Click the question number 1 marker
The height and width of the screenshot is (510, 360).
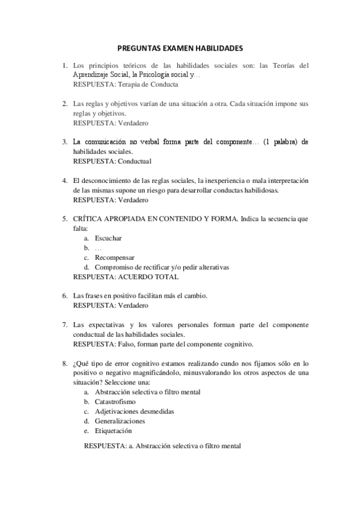tap(64, 65)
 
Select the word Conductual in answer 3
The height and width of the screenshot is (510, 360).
tap(135, 161)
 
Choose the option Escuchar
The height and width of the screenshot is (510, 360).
tap(108, 238)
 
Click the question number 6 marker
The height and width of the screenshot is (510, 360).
tap(64, 296)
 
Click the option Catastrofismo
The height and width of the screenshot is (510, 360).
tap(115, 401)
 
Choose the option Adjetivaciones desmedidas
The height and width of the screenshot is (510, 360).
tap(135, 411)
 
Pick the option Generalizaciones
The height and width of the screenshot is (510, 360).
tap(120, 420)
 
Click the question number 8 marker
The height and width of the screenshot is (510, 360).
tap(64, 363)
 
